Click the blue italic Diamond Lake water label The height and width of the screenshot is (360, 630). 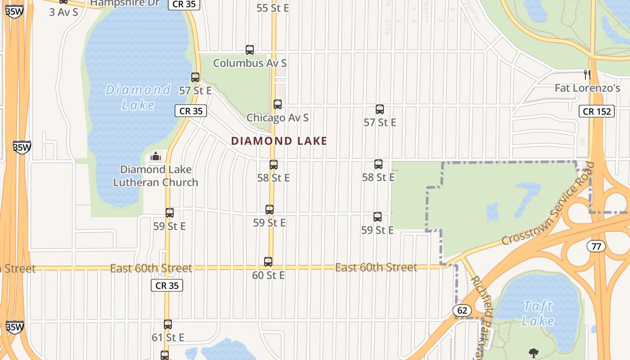tap(138, 97)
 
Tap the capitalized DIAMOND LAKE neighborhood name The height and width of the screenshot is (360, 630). tap(279, 141)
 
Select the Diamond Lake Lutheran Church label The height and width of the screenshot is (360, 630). tap(156, 176)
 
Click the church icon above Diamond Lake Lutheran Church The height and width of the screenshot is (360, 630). tap(156, 156)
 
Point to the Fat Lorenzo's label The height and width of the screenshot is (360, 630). tap(587, 88)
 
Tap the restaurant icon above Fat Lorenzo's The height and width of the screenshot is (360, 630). tap(587, 74)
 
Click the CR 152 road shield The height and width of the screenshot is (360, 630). tap(597, 111)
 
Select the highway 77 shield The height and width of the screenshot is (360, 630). tap(596, 246)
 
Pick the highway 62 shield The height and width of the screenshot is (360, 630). tap(463, 310)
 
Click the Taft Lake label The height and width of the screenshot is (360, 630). tap(538, 314)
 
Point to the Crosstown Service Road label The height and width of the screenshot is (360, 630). tap(548, 204)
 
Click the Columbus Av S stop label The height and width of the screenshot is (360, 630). tap(250, 63)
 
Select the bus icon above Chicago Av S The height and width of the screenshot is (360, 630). tap(278, 104)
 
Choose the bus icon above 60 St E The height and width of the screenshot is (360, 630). tap(268, 262)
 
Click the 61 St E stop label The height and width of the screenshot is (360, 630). tap(168, 337)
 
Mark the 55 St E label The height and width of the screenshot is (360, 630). tap(273, 8)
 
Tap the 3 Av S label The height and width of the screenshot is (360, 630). tap(63, 12)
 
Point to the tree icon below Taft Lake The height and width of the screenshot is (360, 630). tap(534, 353)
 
